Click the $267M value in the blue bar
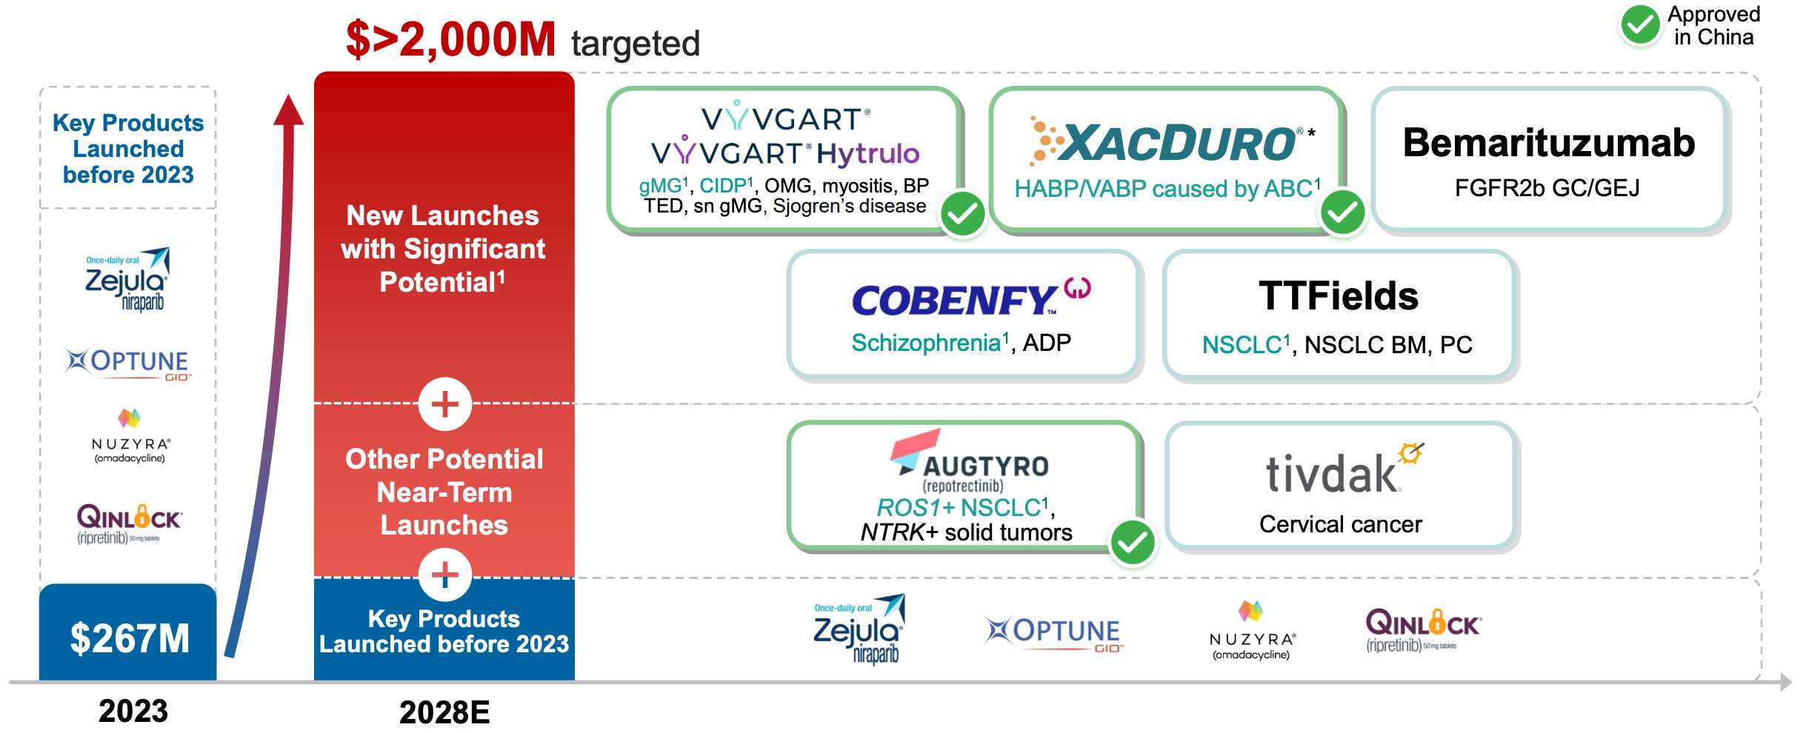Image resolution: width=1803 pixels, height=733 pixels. pyautogui.click(x=130, y=638)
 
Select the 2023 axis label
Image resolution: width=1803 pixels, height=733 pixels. pyautogui.click(x=133, y=711)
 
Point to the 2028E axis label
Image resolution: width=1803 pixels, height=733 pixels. pyautogui.click(x=444, y=712)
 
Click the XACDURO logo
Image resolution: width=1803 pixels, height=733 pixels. pyautogui.click(x=1170, y=141)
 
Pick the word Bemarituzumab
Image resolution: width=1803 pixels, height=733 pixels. pyautogui.click(x=1549, y=142)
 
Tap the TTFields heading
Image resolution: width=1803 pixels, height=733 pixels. pyautogui.click(x=1339, y=295)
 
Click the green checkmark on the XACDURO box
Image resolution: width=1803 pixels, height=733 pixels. pyautogui.click(x=1343, y=213)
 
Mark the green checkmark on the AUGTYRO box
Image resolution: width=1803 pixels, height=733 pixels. pyautogui.click(x=1133, y=543)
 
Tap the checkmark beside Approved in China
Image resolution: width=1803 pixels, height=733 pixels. pyautogui.click(x=1640, y=26)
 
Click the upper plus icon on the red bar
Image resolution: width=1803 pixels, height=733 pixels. pyautogui.click(x=444, y=404)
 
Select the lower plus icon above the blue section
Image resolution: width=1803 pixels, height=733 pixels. pyautogui.click(x=444, y=575)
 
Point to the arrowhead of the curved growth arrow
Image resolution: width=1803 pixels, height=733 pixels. pyautogui.click(x=288, y=111)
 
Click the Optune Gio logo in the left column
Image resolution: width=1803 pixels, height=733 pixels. pyautogui.click(x=127, y=364)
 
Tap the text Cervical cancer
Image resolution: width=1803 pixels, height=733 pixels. pyautogui.click(x=1340, y=524)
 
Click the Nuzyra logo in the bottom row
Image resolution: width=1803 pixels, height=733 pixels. pyautogui.click(x=1251, y=630)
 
